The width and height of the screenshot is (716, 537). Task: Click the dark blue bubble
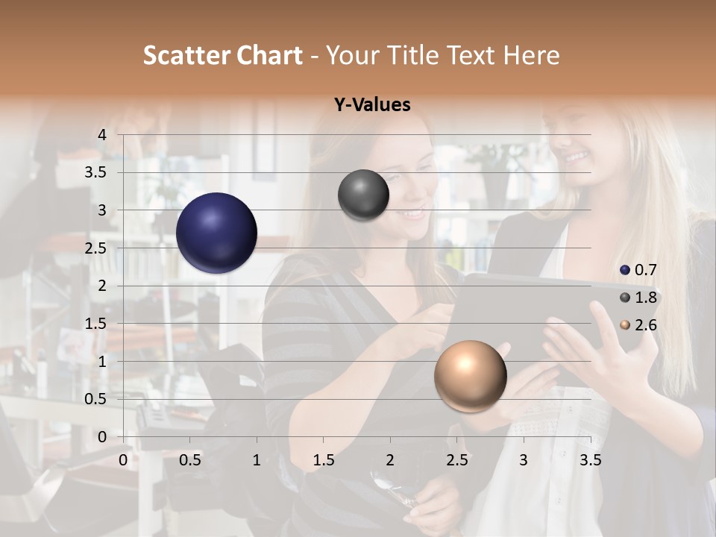tap(217, 233)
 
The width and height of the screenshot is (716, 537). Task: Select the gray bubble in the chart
tap(363, 195)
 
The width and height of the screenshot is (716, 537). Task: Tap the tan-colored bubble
tap(470, 376)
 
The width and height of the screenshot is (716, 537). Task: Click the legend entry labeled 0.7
tap(638, 270)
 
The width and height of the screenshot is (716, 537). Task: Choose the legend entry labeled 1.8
tap(638, 298)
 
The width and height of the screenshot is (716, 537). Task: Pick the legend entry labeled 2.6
tap(638, 325)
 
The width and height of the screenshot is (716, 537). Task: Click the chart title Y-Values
tap(372, 105)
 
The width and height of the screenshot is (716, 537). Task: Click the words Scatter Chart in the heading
tap(222, 55)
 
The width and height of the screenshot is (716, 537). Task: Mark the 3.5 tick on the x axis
tap(590, 460)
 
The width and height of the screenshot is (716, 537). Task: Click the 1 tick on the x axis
tap(257, 460)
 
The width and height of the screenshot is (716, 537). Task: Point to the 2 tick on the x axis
tap(390, 460)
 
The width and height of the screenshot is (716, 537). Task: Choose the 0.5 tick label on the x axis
tap(190, 460)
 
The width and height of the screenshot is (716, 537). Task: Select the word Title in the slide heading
tap(415, 55)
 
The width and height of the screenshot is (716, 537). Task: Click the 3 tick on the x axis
tap(523, 460)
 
